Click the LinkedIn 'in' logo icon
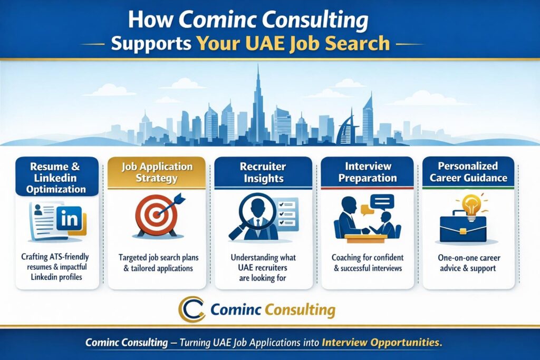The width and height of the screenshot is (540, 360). (x=69, y=218)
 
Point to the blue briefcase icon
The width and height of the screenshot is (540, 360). (x=463, y=229)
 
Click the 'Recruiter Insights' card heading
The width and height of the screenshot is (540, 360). (x=263, y=172)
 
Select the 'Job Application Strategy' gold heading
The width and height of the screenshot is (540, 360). (x=157, y=172)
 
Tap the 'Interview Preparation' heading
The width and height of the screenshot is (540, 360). (x=368, y=172)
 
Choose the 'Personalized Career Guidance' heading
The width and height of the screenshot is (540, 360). (x=468, y=172)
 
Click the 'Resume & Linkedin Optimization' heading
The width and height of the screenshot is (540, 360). (x=56, y=178)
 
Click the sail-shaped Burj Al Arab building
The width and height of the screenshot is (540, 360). (x=347, y=130)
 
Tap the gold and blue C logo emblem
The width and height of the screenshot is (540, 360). (x=191, y=309)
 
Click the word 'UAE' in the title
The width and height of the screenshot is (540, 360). (x=266, y=44)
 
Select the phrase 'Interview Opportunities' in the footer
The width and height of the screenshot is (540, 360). (x=382, y=343)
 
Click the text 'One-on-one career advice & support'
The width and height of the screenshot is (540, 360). (x=468, y=263)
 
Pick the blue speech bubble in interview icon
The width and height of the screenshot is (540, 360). (x=382, y=203)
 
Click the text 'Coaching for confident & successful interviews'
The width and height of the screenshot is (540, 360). (x=368, y=262)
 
